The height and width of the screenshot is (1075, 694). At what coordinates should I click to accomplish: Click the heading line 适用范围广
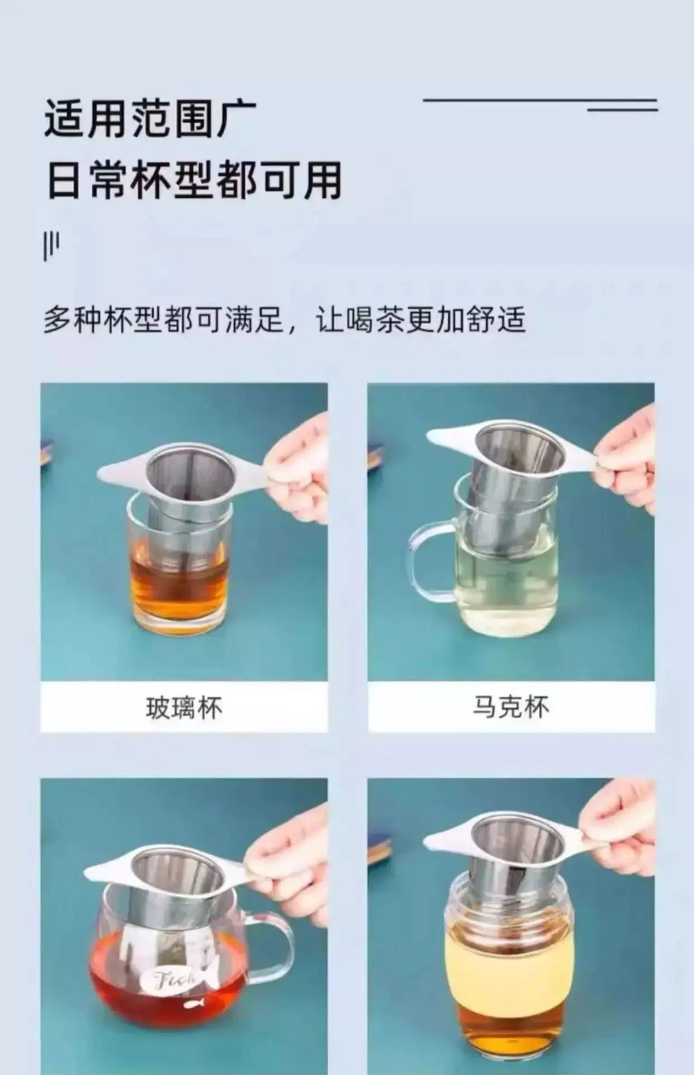(150, 119)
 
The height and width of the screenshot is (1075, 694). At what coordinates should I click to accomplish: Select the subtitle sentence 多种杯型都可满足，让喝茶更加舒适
(285, 319)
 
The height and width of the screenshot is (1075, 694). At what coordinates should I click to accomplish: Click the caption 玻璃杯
(183, 707)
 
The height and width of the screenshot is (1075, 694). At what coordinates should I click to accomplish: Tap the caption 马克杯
(511, 707)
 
